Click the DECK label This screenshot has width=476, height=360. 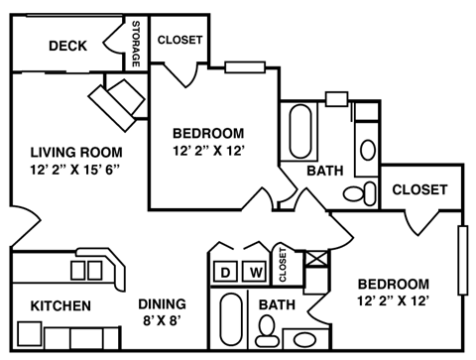67,46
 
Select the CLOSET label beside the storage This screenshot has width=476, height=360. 179,41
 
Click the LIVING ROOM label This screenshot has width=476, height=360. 75,153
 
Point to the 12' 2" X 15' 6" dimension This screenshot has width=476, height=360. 74,170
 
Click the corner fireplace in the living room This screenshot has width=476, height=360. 117,99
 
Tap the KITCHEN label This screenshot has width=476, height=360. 60,305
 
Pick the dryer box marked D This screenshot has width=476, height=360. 225,272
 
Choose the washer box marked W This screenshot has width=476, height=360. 255,272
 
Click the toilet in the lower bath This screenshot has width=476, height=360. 267,334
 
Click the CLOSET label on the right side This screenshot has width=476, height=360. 419,189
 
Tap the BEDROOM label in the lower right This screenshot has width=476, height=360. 395,284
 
